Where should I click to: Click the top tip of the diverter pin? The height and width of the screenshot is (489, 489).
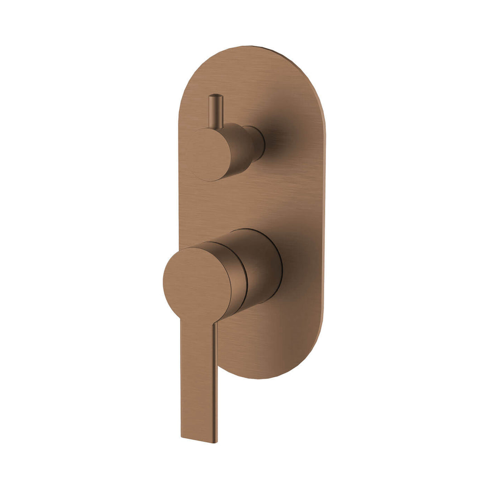pyautogui.click(x=216, y=96)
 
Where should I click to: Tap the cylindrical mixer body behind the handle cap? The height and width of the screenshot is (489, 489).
pyautogui.click(x=263, y=267)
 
